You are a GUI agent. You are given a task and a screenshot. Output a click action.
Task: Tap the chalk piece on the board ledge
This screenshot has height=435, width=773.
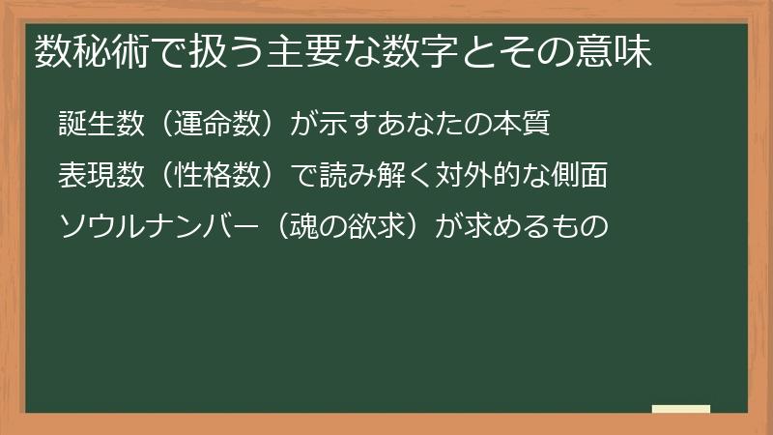point(680,409)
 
